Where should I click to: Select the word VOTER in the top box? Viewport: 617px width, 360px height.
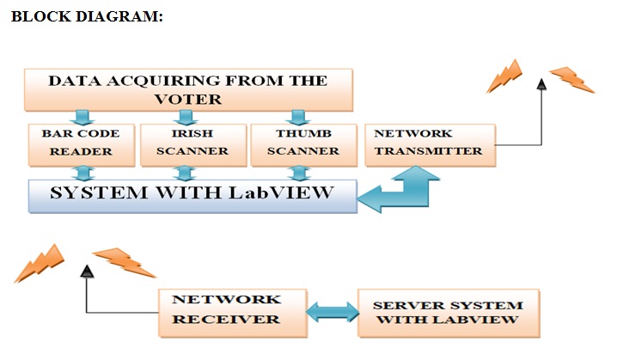(187, 99)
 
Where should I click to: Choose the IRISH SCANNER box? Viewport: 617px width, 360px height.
(189, 143)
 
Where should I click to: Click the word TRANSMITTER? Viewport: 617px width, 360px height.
(428, 150)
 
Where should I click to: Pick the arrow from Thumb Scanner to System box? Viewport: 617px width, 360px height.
(297, 174)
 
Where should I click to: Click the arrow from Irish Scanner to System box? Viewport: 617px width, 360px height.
(190, 174)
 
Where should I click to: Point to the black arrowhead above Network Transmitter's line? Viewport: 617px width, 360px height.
(541, 83)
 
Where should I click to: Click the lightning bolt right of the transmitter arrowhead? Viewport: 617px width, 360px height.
(571, 79)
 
